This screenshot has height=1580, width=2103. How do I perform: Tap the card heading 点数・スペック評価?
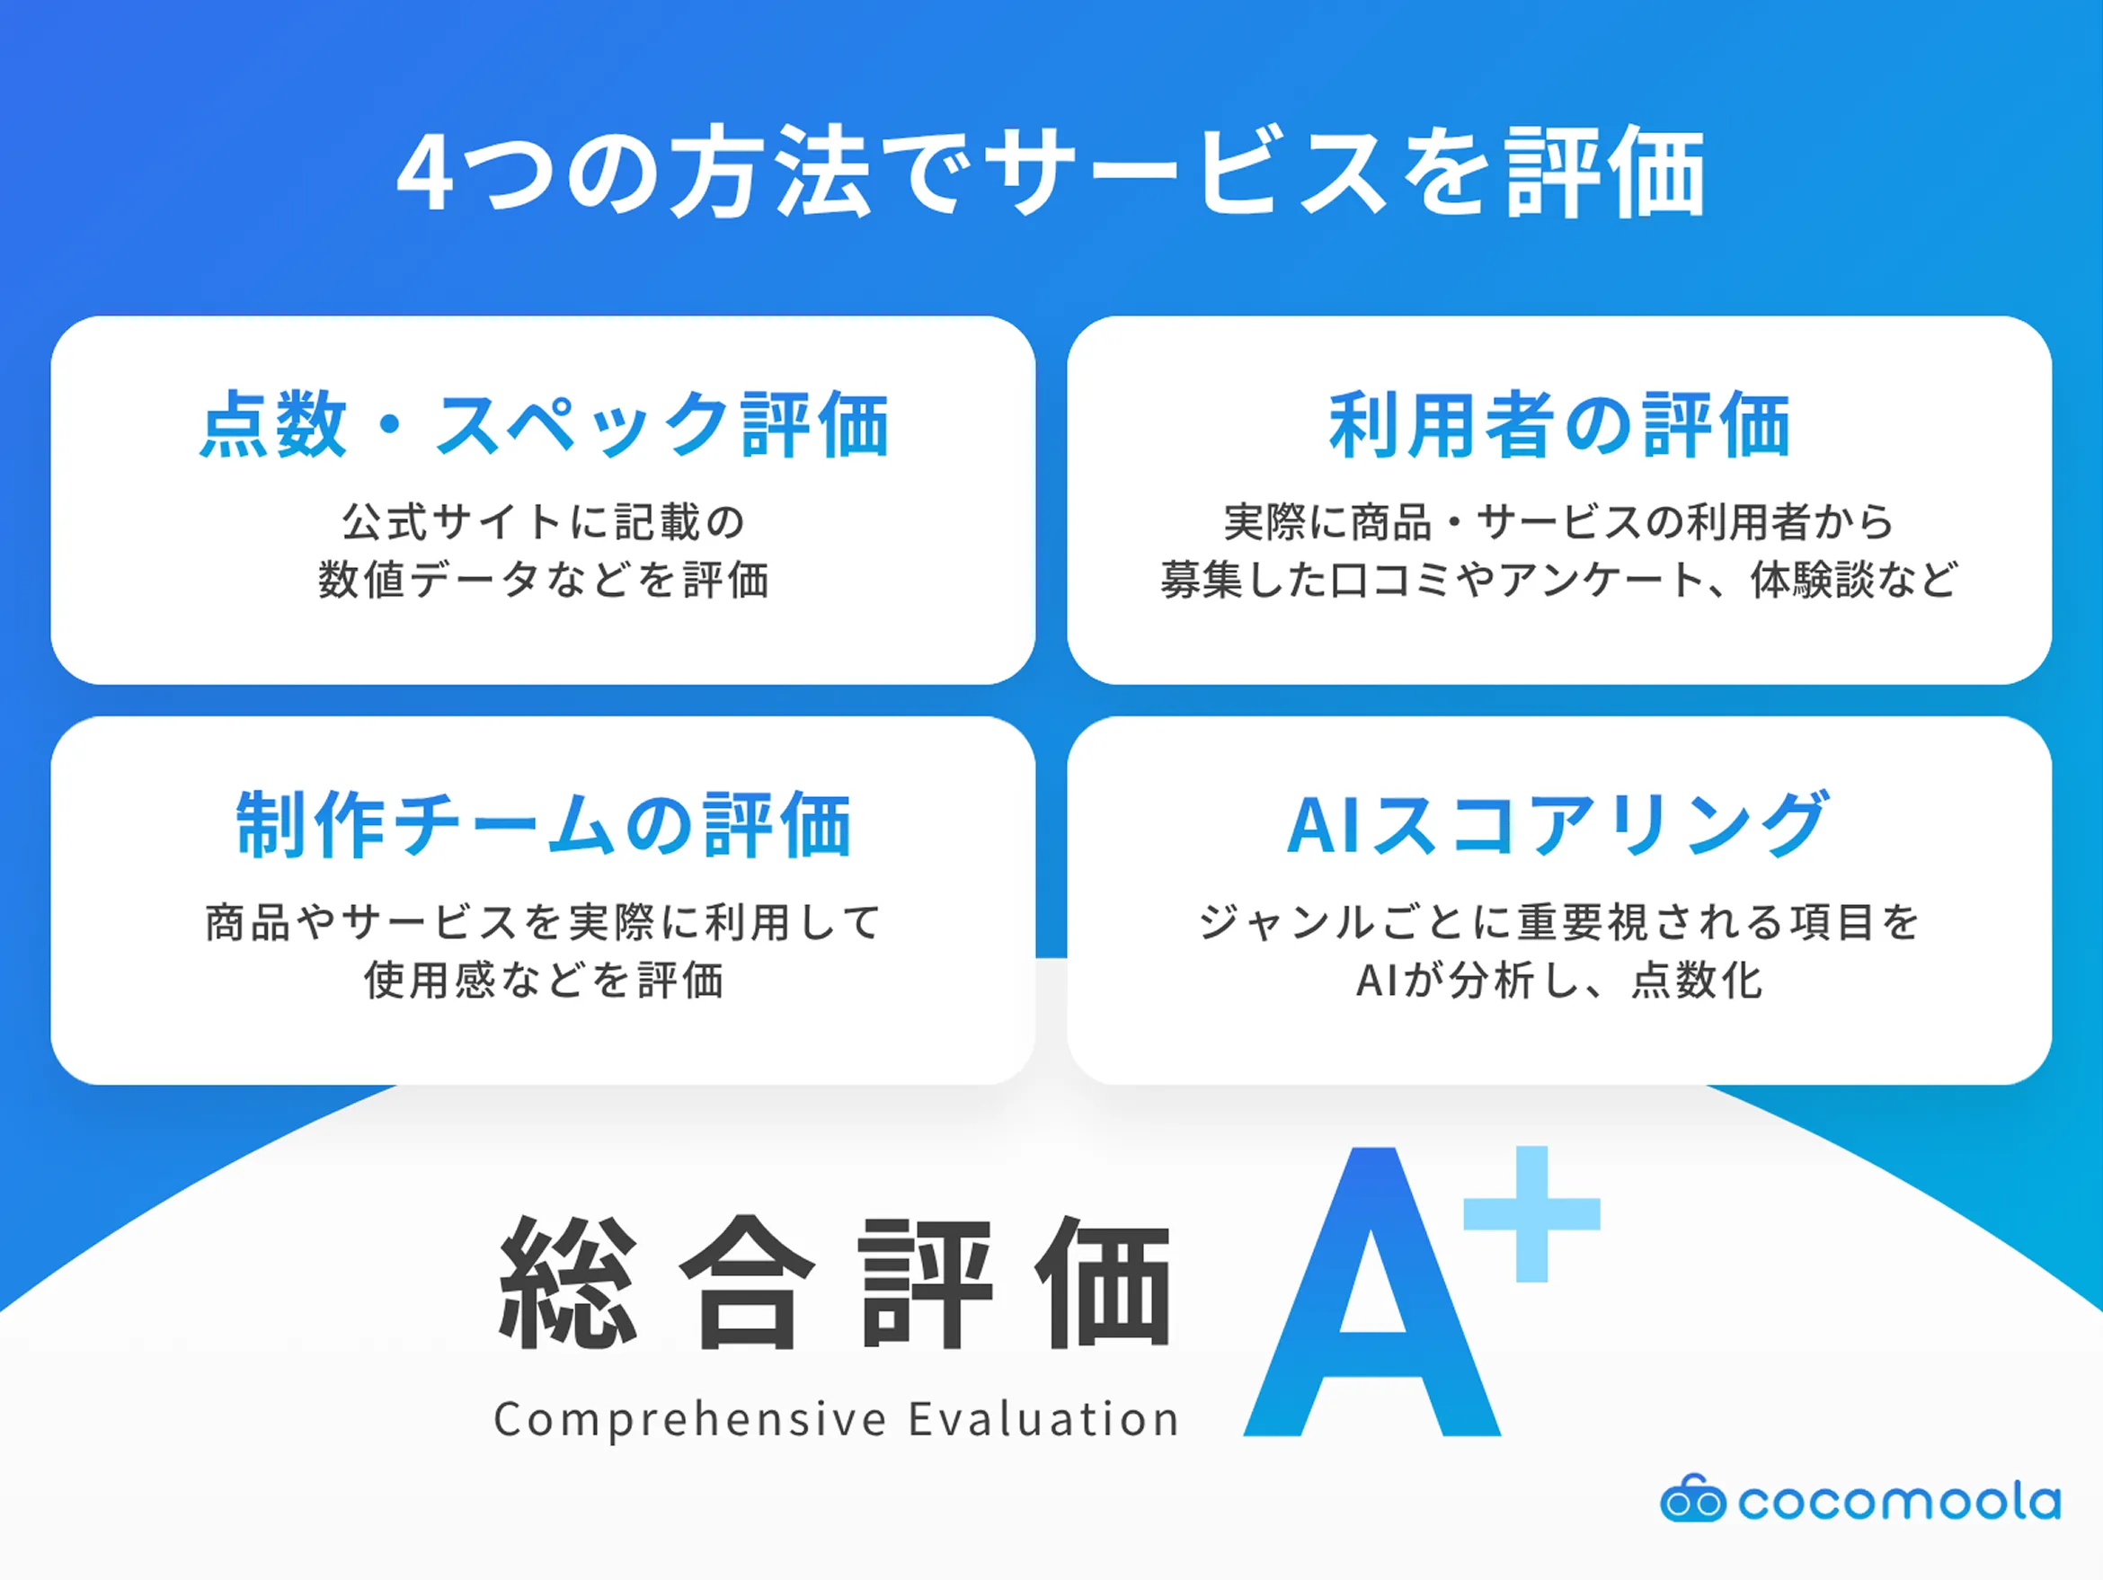pyautogui.click(x=544, y=424)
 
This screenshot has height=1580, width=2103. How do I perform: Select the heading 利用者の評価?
pyautogui.click(x=1559, y=424)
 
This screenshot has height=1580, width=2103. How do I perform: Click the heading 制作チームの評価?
pyautogui.click(x=544, y=824)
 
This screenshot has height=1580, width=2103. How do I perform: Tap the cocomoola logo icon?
pyautogui.click(x=1692, y=1500)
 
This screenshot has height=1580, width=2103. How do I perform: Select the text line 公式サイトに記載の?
pyautogui.click(x=544, y=522)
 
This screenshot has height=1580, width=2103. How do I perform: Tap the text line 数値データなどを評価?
pyautogui.click(x=544, y=580)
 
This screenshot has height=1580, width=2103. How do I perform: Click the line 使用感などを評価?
pyautogui.click(x=544, y=981)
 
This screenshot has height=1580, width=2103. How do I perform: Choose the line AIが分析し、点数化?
pyautogui.click(x=1559, y=981)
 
